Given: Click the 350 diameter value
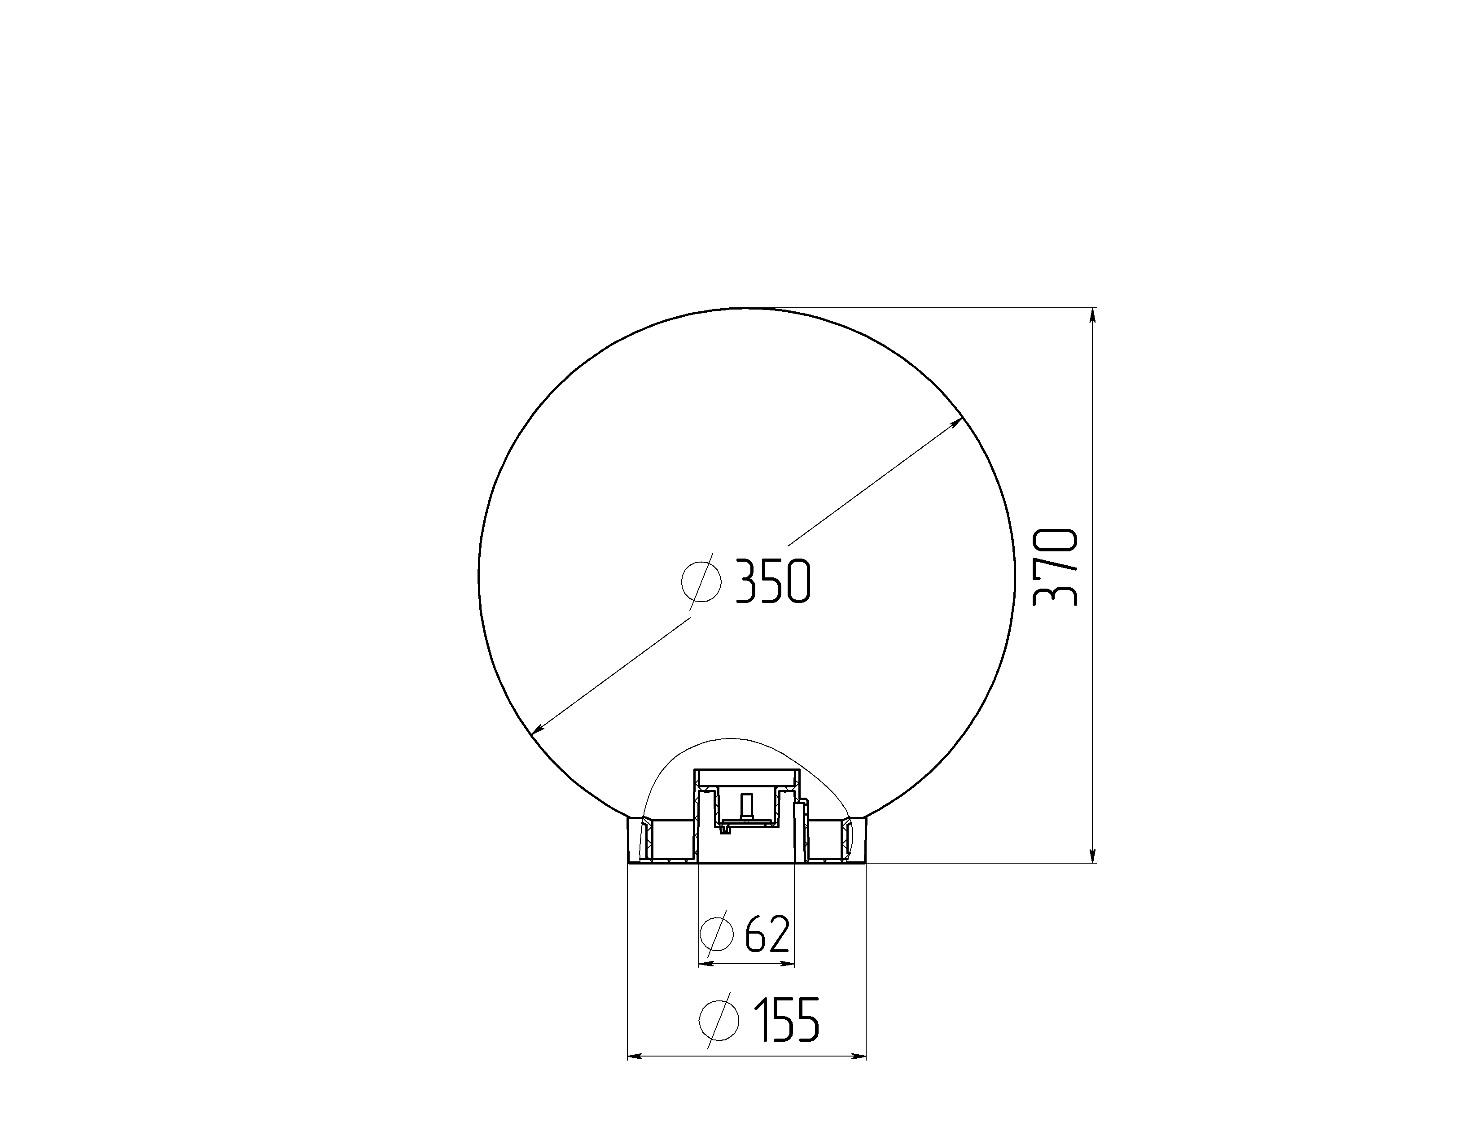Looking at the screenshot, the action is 773,581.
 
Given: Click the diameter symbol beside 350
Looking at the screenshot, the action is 701,581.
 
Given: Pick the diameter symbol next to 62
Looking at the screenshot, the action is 716,934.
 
